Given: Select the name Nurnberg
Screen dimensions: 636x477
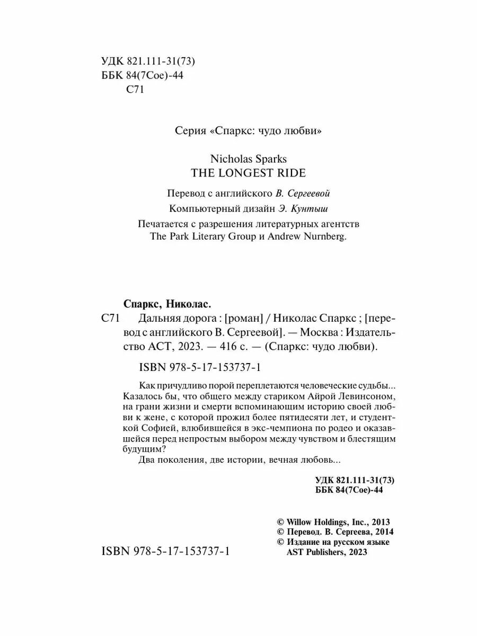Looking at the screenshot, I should [322, 237].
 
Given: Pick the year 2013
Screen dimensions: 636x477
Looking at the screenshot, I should [379, 523].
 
